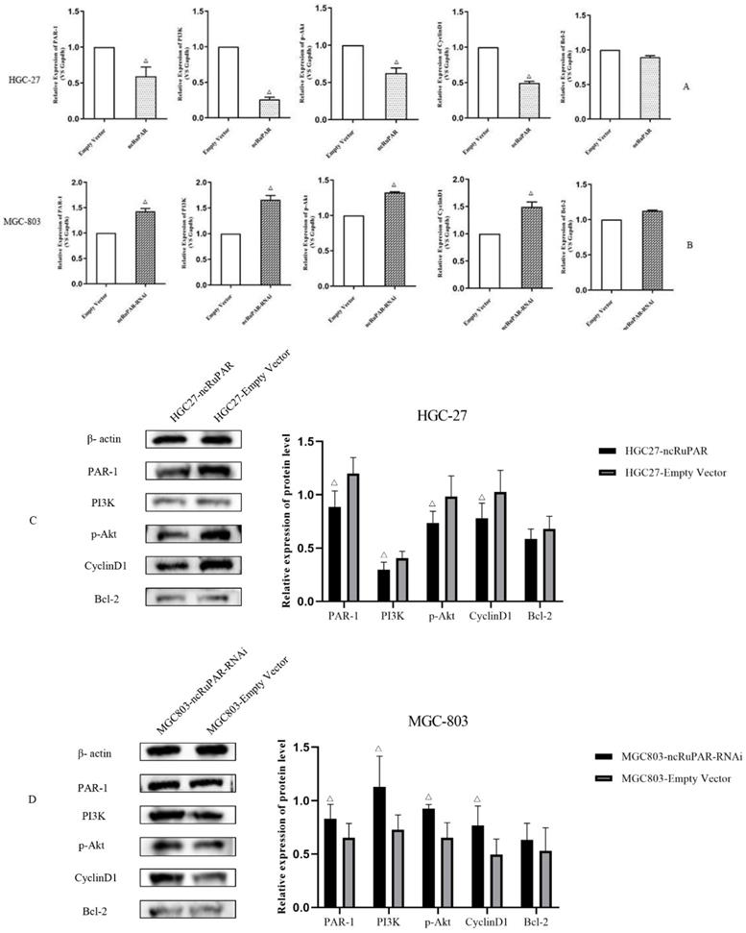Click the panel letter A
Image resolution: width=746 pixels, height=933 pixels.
(x=686, y=86)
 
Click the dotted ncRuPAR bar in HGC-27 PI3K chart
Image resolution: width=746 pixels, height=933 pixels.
(x=268, y=109)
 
